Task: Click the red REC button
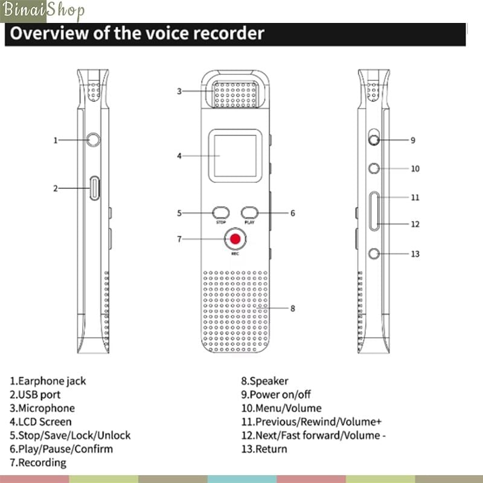(x=235, y=240)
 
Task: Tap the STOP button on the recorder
(x=221, y=213)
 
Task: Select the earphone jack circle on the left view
(x=93, y=139)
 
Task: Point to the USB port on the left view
(x=95, y=188)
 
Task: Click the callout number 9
(x=413, y=140)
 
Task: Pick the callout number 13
(x=415, y=254)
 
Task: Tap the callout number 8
(x=293, y=309)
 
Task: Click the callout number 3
(x=179, y=91)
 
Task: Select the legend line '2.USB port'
(x=35, y=395)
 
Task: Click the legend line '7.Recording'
(x=38, y=462)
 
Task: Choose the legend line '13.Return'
(x=264, y=449)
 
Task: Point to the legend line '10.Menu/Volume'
(x=281, y=408)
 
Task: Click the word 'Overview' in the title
(x=48, y=33)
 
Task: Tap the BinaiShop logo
(x=43, y=11)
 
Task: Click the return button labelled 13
(x=376, y=253)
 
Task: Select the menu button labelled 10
(x=376, y=168)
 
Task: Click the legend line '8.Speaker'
(x=264, y=381)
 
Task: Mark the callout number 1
(x=56, y=140)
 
